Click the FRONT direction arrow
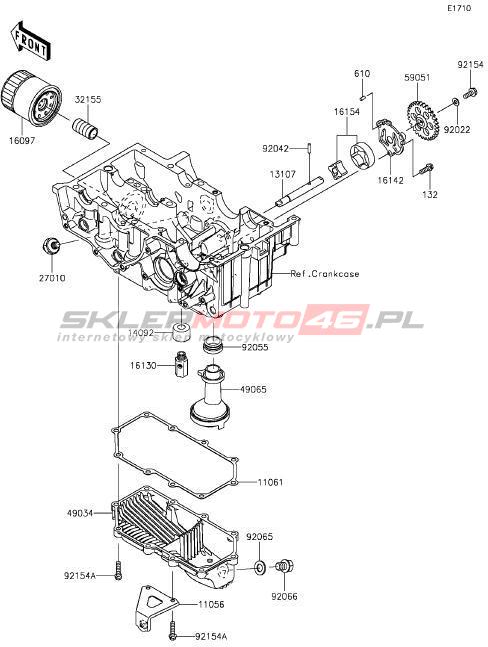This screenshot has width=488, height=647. (x=30, y=40)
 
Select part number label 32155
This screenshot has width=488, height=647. (x=88, y=100)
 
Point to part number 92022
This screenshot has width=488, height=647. (x=457, y=129)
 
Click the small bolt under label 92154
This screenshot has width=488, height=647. (x=471, y=92)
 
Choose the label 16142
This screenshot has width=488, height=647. (x=390, y=180)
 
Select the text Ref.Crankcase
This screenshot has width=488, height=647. (x=325, y=274)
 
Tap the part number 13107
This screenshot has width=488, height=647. (x=283, y=174)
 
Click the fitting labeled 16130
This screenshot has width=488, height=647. (x=180, y=364)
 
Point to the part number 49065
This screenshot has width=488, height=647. (x=253, y=389)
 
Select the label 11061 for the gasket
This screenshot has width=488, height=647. (x=271, y=482)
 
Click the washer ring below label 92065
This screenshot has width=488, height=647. (x=260, y=568)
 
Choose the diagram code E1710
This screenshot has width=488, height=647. (x=459, y=8)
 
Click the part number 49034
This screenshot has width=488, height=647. (x=80, y=513)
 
